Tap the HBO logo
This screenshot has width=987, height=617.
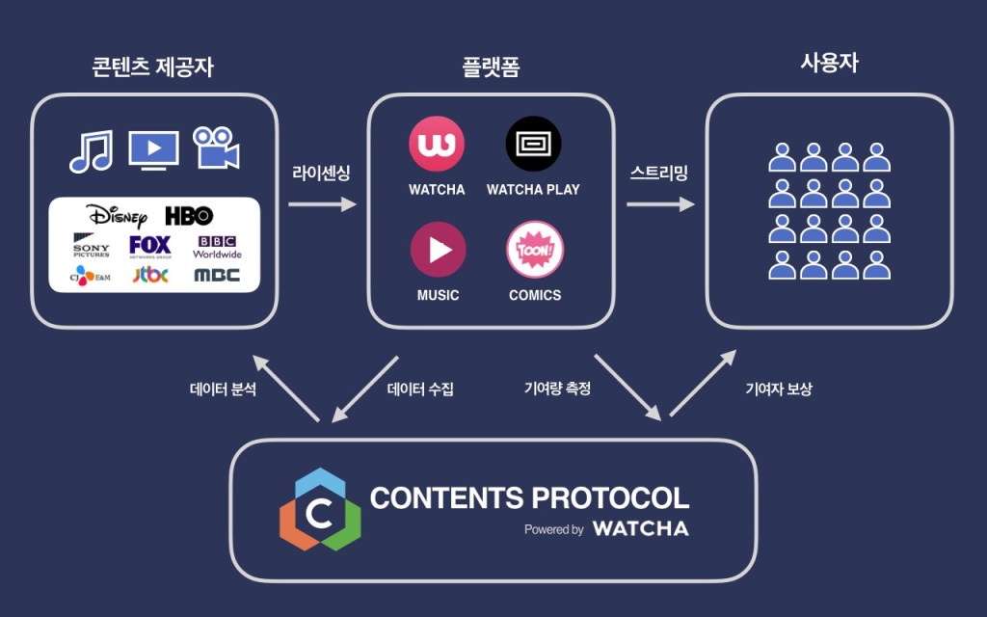pyautogui.click(x=189, y=215)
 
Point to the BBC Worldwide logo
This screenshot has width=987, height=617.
pyautogui.click(x=217, y=247)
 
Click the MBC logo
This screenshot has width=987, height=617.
pyautogui.click(x=217, y=276)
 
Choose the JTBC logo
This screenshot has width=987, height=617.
pyautogui.click(x=150, y=276)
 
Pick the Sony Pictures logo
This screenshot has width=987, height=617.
pyautogui.click(x=92, y=245)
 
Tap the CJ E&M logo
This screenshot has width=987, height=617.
pyautogui.click(x=92, y=276)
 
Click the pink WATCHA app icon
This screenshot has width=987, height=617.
pyautogui.click(x=437, y=144)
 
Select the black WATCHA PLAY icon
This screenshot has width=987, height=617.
pyautogui.click(x=533, y=144)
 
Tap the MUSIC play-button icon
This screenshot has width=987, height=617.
pyautogui.click(x=439, y=250)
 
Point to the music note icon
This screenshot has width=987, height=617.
pyautogui.click(x=91, y=149)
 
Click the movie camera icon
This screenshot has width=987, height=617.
pyautogui.click(x=216, y=148)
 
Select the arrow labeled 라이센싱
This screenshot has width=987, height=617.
pyautogui.click(x=322, y=204)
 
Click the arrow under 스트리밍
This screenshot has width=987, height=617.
pyautogui.click(x=660, y=204)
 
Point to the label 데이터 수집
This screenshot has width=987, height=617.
pyautogui.click(x=419, y=390)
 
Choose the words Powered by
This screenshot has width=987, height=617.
pyautogui.click(x=553, y=529)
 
